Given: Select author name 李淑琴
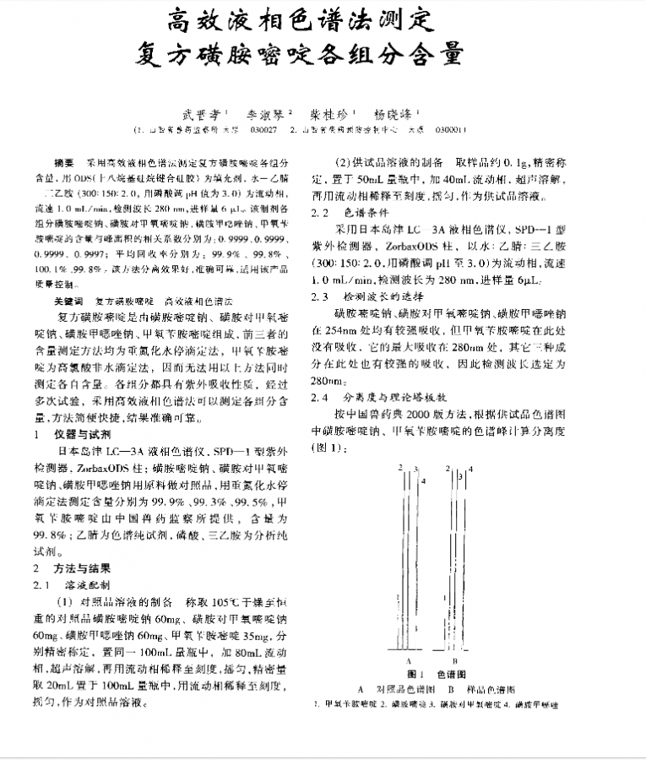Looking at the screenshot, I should (x=265, y=112).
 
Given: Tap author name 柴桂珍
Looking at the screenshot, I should (x=333, y=112).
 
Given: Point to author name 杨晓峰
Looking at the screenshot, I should (x=396, y=112).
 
